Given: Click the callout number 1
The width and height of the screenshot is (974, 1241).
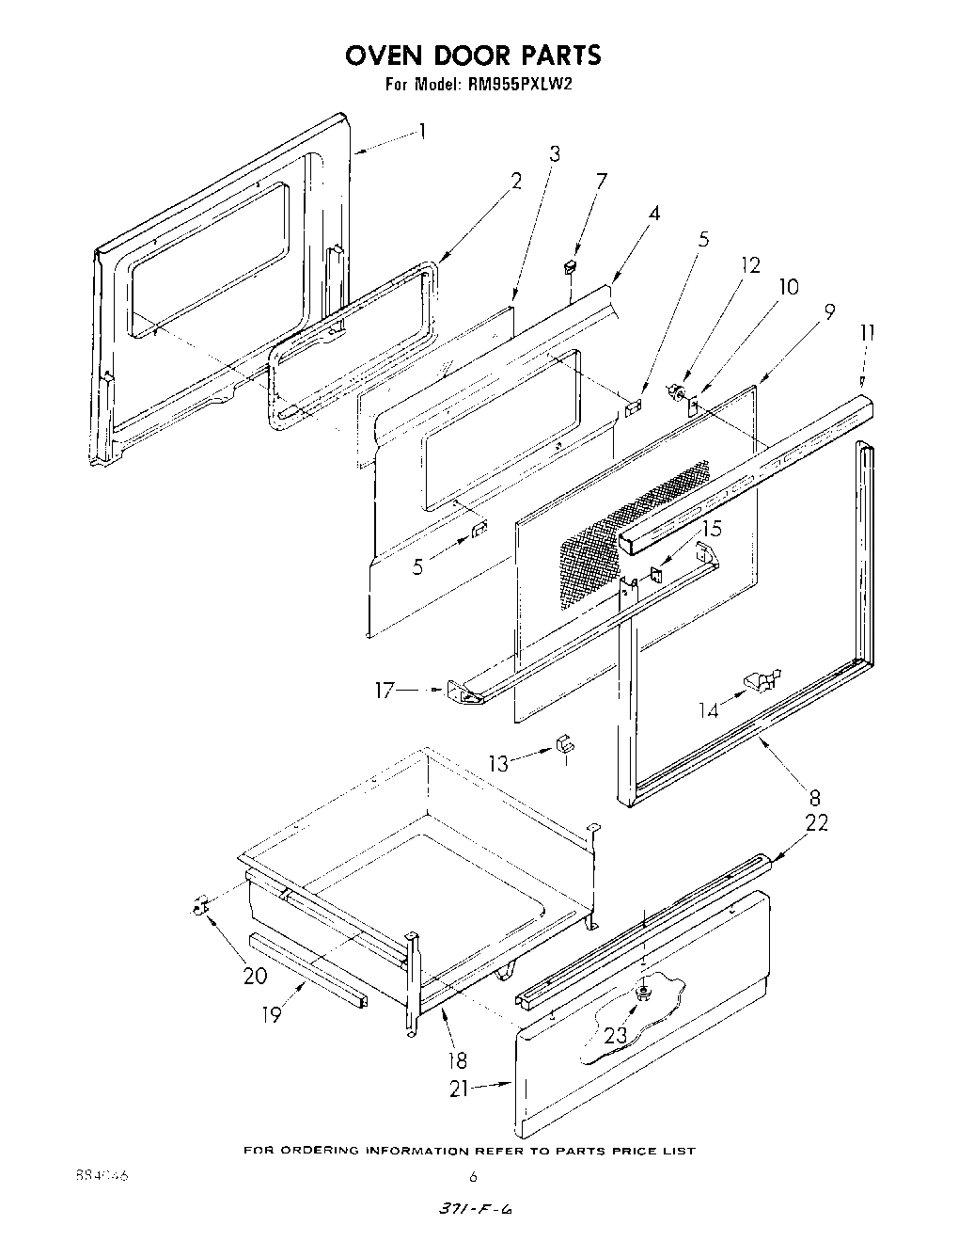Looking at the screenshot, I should pyautogui.click(x=422, y=131).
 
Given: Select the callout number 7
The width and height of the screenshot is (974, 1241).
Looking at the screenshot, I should pyautogui.click(x=602, y=181).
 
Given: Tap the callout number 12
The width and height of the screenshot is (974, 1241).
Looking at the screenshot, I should pyautogui.click(x=749, y=265).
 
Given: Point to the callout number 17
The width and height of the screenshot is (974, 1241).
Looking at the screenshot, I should pyautogui.click(x=385, y=692).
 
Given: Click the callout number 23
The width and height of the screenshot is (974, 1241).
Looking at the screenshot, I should pyautogui.click(x=615, y=1035).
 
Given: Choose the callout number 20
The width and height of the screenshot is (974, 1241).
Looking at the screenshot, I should pyautogui.click(x=255, y=976).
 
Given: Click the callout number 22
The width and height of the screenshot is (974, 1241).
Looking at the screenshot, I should pyautogui.click(x=817, y=821).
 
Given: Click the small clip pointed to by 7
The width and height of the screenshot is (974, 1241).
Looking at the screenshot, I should pyautogui.click(x=569, y=269).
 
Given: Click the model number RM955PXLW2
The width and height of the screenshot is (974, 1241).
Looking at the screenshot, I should pyautogui.click(x=518, y=84).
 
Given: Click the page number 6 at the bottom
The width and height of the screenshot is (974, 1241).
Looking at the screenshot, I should pyautogui.click(x=474, y=1175).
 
